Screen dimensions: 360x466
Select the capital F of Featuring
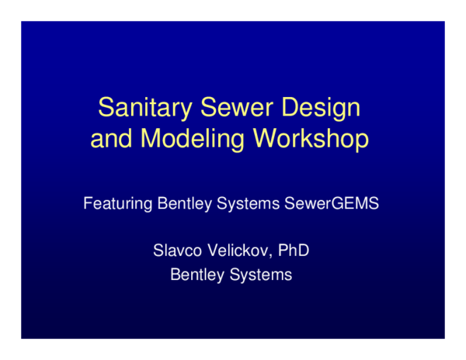point(88,206)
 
